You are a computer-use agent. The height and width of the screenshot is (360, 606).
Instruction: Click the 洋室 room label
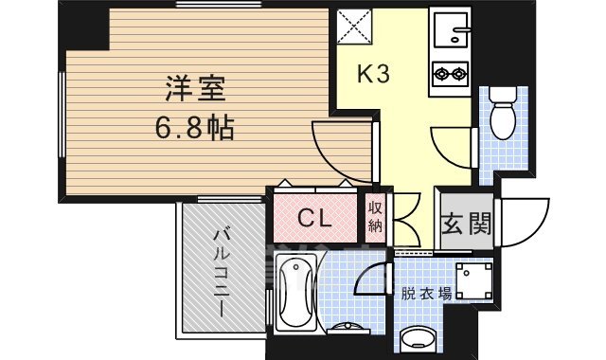195,92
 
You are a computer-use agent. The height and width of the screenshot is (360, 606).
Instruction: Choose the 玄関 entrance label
465,224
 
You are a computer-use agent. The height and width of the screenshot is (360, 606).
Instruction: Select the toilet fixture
502,116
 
